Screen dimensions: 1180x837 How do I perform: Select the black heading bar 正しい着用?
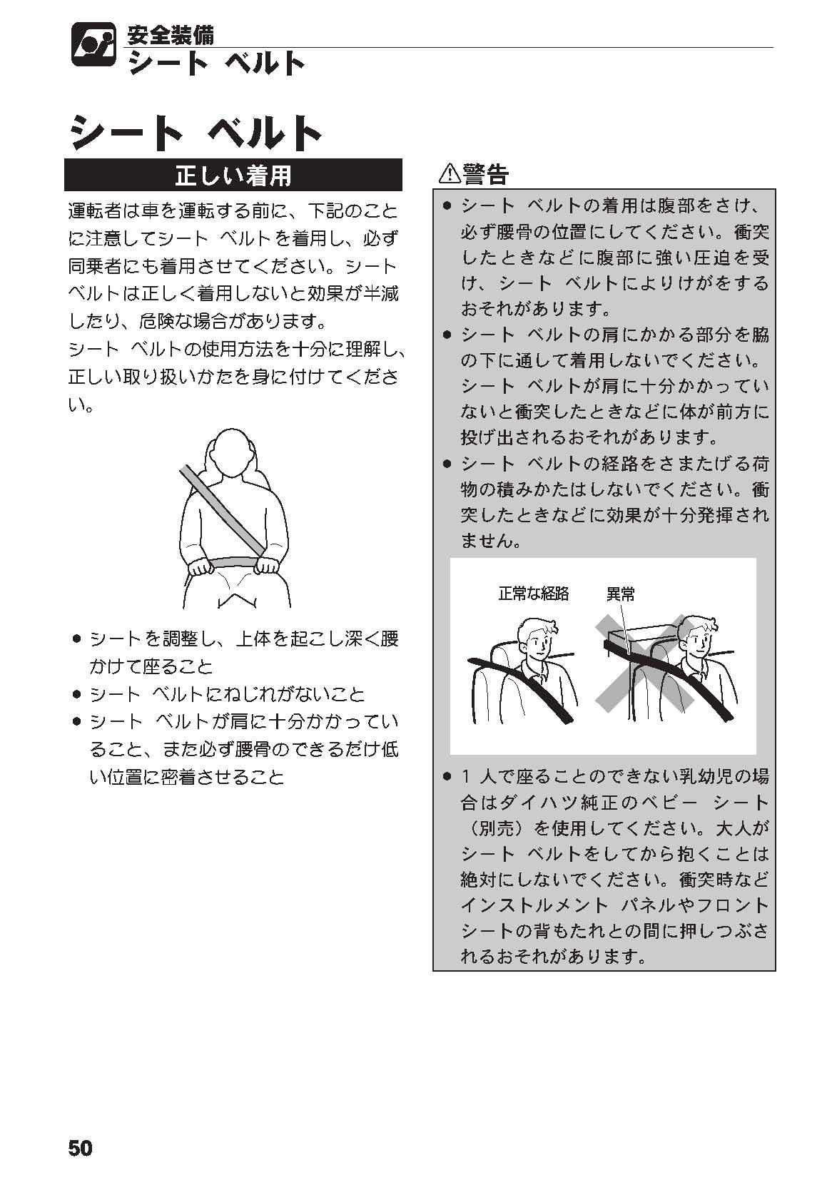(x=233, y=176)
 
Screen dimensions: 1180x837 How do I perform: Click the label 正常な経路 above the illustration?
(x=533, y=594)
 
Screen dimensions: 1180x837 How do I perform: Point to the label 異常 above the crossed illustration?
(x=620, y=594)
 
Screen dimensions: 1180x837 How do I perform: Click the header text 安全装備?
(x=171, y=34)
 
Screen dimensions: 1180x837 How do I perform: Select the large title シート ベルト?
(x=196, y=132)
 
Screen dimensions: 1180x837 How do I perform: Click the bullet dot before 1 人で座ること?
(x=447, y=776)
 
